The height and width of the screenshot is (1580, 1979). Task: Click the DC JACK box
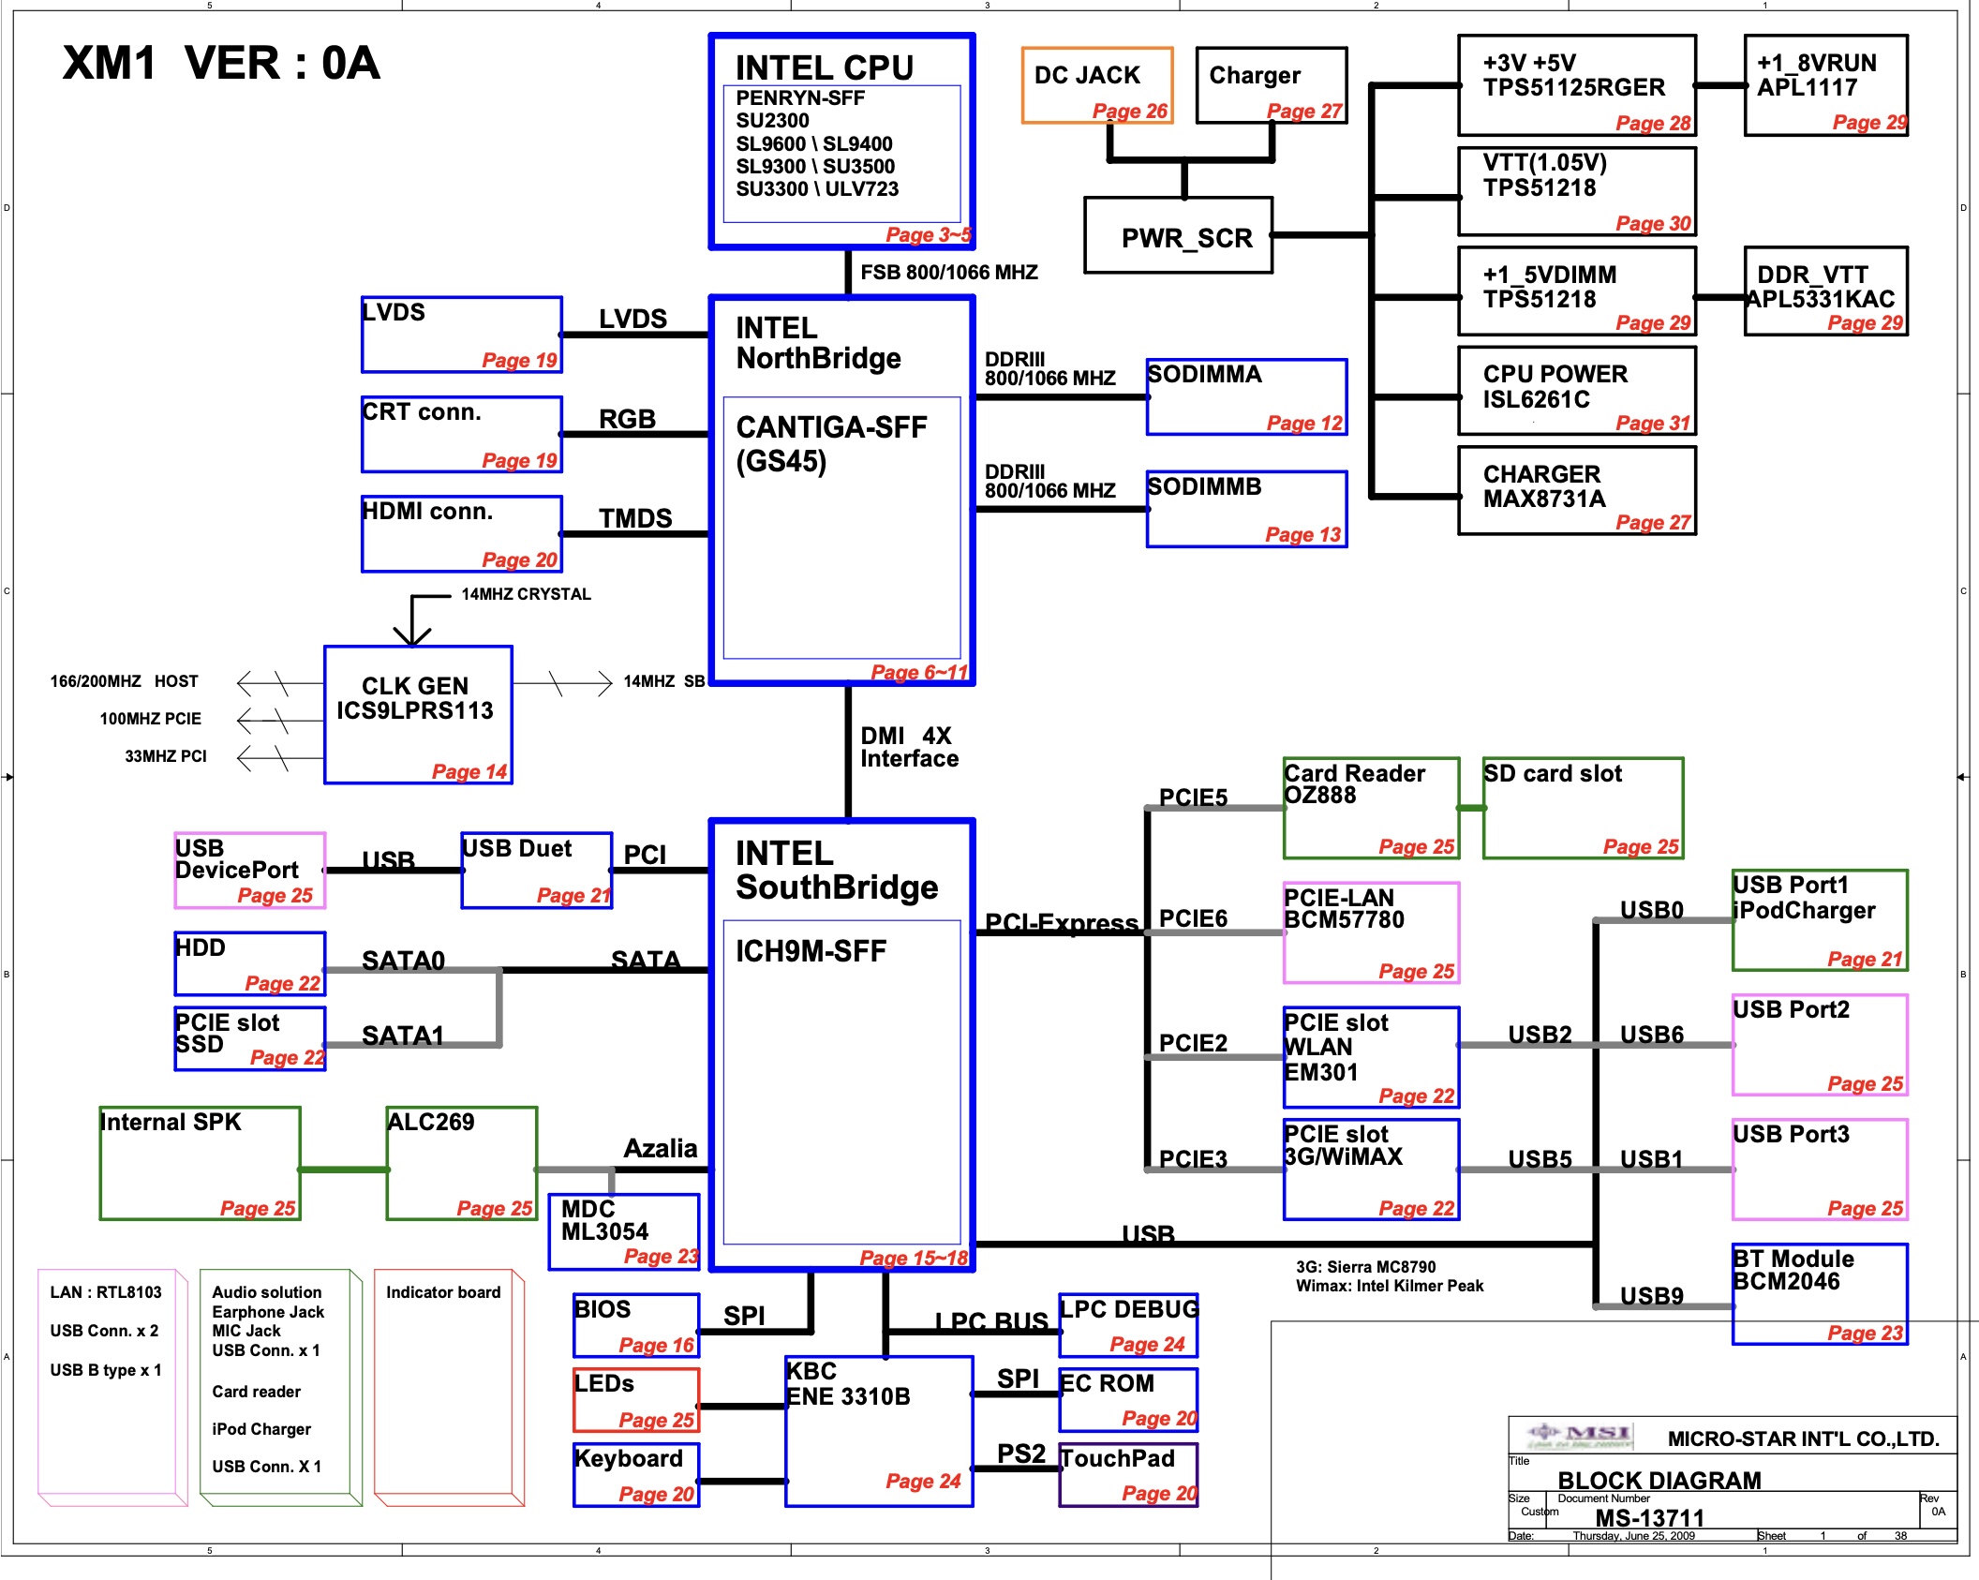point(1096,85)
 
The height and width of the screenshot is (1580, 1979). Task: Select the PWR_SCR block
point(1178,235)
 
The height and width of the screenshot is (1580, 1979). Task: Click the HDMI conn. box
point(462,533)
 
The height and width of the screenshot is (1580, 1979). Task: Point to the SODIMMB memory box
point(1246,509)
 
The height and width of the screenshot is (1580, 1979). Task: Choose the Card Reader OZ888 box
point(1371,808)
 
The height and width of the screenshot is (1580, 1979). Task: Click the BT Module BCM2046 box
point(1820,1294)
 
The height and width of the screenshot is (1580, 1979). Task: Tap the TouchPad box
point(1128,1474)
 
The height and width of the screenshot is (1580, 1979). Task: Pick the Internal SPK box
point(200,1163)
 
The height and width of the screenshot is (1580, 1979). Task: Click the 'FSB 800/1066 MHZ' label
point(949,273)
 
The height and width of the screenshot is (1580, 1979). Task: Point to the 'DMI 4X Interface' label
point(909,747)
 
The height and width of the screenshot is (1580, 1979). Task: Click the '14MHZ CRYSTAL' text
point(526,594)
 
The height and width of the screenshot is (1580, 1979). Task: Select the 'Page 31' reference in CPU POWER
point(1652,424)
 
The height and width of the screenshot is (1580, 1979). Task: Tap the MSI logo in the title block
point(1580,1435)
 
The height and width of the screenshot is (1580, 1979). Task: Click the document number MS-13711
point(1649,1517)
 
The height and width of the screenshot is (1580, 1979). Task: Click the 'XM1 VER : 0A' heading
point(221,64)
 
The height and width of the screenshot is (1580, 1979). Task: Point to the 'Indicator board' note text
point(443,1292)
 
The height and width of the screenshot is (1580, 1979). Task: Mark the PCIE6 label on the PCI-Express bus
point(1193,918)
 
